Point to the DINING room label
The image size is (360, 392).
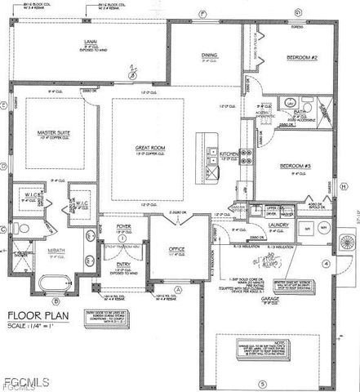click(209, 56)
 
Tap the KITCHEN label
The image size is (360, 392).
click(228, 154)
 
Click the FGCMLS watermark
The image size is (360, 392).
click(26, 381)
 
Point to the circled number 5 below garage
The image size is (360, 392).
click(262, 383)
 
